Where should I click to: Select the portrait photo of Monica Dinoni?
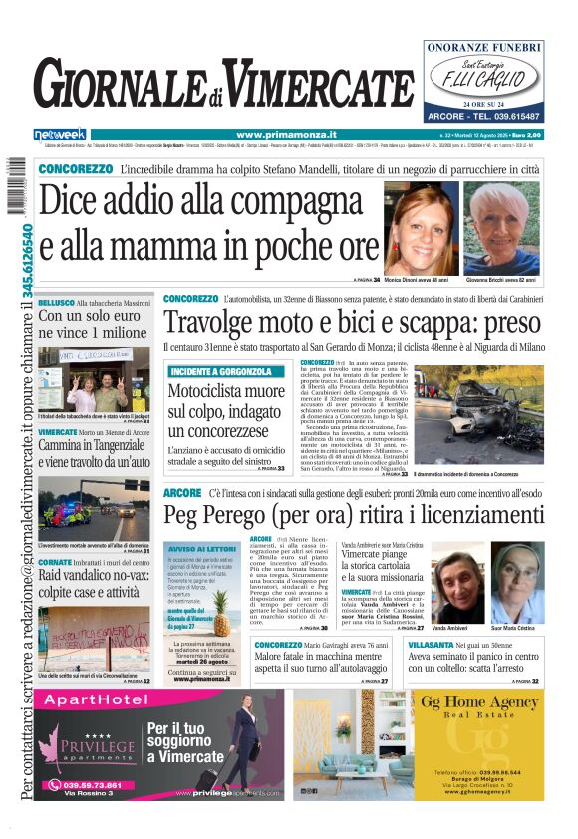(x=422, y=229)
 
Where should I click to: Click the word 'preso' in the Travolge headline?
(x=504, y=322)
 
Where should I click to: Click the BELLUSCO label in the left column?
(x=57, y=301)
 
